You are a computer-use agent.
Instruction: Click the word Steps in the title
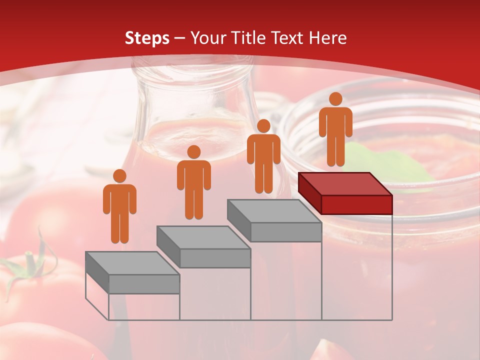[x=147, y=38]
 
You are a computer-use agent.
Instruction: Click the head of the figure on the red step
[x=335, y=99]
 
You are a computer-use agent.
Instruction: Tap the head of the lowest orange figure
[x=119, y=176]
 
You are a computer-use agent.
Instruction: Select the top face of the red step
[x=345, y=184]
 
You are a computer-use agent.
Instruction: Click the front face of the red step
[x=356, y=204]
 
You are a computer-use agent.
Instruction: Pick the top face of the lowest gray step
[x=132, y=263]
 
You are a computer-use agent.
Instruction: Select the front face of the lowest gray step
[x=144, y=284]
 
